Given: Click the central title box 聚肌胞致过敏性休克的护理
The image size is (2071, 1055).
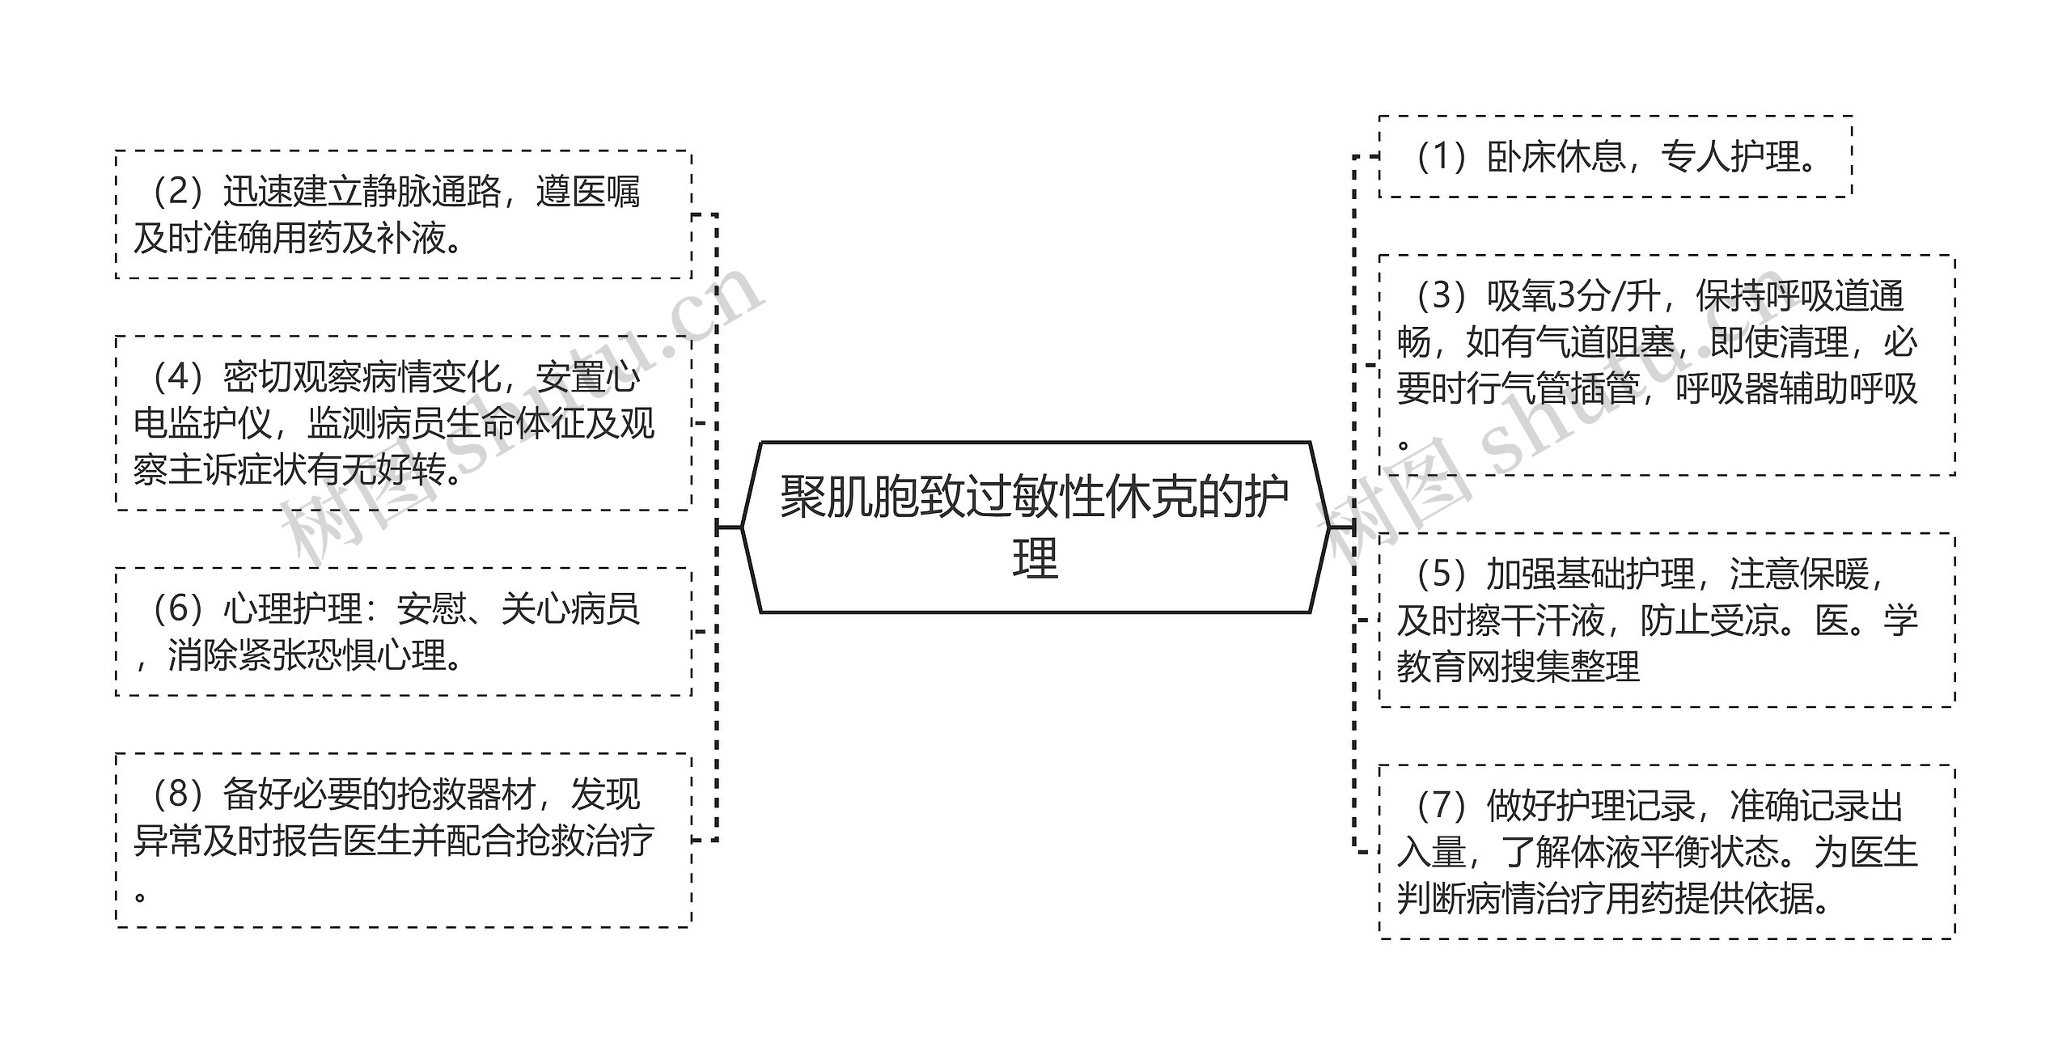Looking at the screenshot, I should [x=1035, y=527].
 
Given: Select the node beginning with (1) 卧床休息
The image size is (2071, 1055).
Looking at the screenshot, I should [x=1615, y=157].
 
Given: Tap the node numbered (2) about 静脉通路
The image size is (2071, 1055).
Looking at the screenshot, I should [x=403, y=214].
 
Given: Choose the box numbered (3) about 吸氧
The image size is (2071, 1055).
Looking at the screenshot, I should [x=1667, y=365].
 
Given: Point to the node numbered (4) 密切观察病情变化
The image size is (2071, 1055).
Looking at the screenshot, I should [x=403, y=423].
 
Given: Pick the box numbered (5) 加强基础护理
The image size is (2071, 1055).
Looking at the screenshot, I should [x=1667, y=621].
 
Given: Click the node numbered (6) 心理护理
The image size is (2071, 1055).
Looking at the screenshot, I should [x=403, y=632].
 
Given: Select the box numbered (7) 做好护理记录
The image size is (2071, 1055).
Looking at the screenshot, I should [x=1667, y=852].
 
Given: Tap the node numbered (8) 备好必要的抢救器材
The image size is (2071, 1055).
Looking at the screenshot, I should [x=403, y=841].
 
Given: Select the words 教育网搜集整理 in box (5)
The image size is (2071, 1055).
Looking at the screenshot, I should [x=1518, y=667].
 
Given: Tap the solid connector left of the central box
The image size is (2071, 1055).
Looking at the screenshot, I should [x=730, y=527].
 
